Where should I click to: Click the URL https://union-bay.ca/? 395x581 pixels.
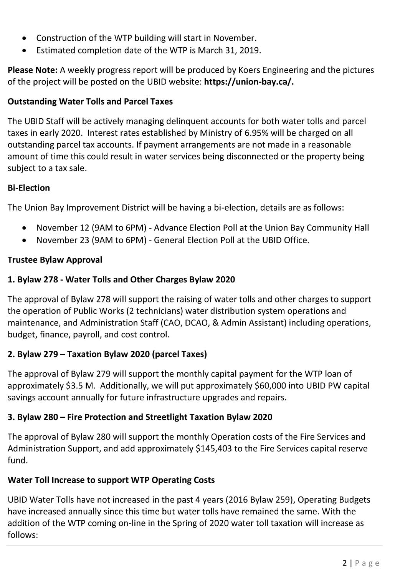(x=249, y=82)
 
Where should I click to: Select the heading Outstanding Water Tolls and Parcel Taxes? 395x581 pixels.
(x=90, y=102)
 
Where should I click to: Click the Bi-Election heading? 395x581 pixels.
(x=29, y=188)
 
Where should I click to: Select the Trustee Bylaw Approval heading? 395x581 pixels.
(x=55, y=260)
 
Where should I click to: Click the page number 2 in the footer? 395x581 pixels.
(x=344, y=563)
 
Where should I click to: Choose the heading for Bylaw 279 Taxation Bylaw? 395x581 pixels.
(x=107, y=354)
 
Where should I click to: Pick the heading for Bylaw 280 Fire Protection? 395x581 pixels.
(x=140, y=417)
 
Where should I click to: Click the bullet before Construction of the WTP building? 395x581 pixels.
(x=25, y=39)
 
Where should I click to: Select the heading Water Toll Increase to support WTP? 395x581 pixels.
(x=111, y=480)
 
